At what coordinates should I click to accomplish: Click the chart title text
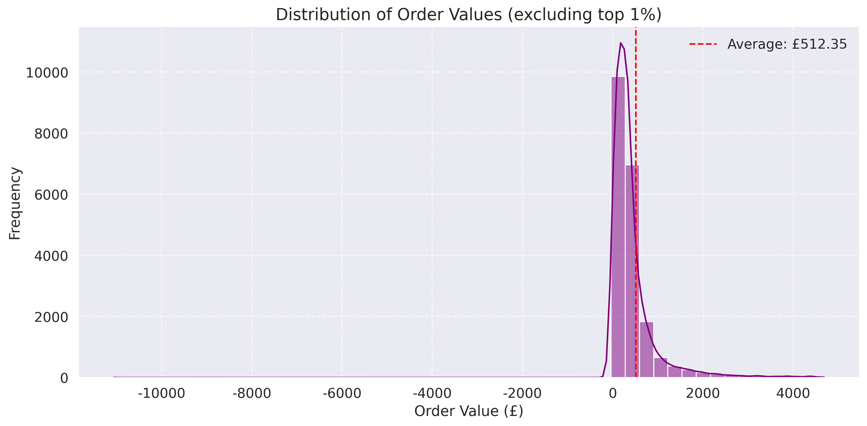point(469,15)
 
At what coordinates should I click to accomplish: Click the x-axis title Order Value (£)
point(469,411)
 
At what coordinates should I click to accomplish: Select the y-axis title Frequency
point(15,203)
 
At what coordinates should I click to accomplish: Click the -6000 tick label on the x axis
point(342,393)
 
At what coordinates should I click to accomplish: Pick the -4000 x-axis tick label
point(432,393)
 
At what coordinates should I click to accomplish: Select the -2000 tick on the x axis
point(522,393)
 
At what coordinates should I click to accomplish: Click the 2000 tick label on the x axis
point(702,393)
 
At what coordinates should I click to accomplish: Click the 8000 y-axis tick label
point(51,134)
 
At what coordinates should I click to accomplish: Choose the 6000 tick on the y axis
point(51,195)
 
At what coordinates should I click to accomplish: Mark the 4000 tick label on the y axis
point(51,256)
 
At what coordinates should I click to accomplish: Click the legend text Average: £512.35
point(787,44)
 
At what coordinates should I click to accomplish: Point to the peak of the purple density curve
point(620,43)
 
